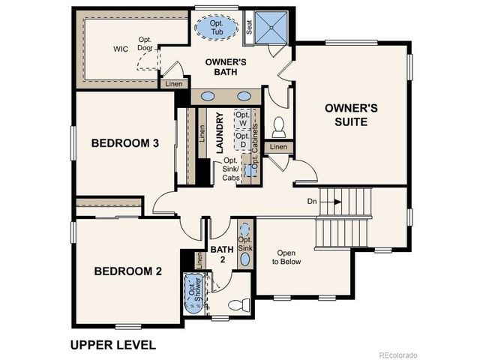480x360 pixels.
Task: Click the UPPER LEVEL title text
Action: [112, 345]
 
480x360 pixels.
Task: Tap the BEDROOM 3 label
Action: [124, 143]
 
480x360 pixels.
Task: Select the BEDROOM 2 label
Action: [127, 271]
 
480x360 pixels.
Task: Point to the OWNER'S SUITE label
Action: [346, 114]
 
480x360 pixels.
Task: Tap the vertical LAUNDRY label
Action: [220, 134]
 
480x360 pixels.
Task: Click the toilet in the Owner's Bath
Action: [279, 124]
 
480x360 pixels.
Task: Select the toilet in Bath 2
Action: [239, 305]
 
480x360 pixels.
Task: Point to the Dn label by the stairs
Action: [313, 202]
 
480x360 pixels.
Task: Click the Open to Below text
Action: [286, 257]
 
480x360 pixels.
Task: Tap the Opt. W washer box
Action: [242, 119]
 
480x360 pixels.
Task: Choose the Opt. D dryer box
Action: [242, 140]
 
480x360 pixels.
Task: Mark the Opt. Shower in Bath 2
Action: [193, 295]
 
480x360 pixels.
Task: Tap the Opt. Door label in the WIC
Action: [145, 43]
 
